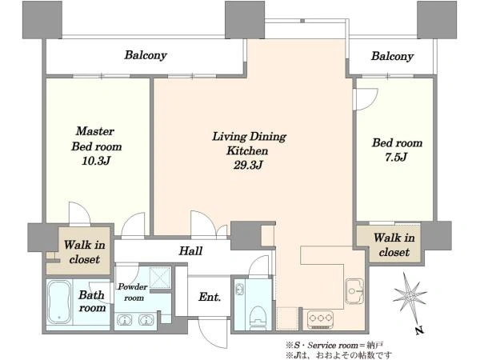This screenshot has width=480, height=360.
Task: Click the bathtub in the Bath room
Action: [x=59, y=302]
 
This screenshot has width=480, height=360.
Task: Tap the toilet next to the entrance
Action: [x=258, y=318]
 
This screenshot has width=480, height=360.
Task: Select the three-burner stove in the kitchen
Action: [x=321, y=319]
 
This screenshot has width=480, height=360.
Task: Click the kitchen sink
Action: [x=354, y=291]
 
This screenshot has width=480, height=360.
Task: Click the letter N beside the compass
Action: [x=420, y=330]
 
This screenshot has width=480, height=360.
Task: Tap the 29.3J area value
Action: [x=248, y=166]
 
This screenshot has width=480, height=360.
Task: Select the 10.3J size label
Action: [x=96, y=161]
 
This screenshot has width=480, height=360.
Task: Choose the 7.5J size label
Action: [x=396, y=158]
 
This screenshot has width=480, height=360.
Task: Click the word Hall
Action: [x=190, y=251]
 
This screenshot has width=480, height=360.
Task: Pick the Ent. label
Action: [x=210, y=297]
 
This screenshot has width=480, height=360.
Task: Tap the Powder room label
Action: [x=133, y=292]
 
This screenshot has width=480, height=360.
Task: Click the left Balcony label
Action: [x=146, y=55]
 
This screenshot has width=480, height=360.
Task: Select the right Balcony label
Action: [x=392, y=56]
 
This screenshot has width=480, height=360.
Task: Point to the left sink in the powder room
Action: [x=125, y=320]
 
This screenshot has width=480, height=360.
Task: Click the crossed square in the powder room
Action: [x=160, y=278]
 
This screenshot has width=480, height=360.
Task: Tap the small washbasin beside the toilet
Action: [x=239, y=290]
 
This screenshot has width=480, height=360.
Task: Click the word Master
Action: [x=95, y=131]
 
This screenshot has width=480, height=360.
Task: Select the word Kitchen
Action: [x=247, y=151]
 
